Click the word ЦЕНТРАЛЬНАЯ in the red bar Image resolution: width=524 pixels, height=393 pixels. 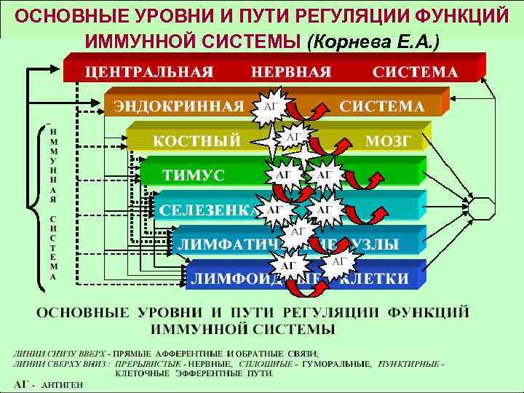(151, 73)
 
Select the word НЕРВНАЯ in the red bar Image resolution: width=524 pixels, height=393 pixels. (291, 73)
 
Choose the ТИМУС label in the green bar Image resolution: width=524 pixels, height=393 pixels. (194, 176)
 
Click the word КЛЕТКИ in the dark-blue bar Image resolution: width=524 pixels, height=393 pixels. (376, 278)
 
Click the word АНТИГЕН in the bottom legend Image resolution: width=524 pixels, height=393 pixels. (62, 384)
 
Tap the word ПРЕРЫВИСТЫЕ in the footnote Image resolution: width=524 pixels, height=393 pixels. (150, 363)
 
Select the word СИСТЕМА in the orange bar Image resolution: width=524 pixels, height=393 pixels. (381, 106)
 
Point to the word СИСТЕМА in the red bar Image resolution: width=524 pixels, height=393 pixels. (416, 73)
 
